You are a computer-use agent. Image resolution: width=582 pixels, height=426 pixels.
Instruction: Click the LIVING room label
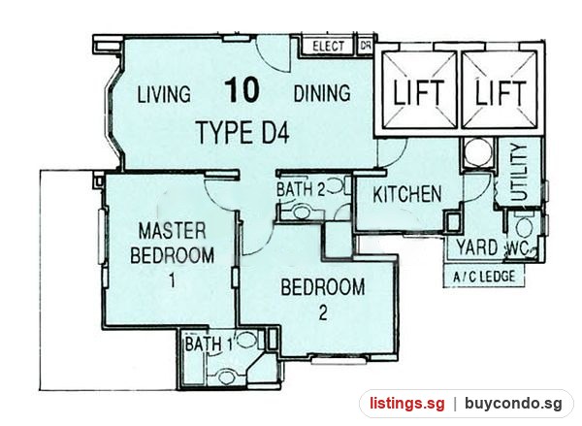click(x=164, y=94)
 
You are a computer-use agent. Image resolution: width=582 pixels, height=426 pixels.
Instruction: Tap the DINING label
click(x=322, y=93)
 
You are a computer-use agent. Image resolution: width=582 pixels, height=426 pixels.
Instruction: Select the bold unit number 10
click(x=242, y=89)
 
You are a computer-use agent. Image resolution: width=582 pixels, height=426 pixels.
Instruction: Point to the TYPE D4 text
click(x=243, y=133)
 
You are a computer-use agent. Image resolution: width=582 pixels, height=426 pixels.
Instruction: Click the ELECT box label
click(x=328, y=47)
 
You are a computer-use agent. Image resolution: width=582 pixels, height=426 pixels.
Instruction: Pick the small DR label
click(x=366, y=46)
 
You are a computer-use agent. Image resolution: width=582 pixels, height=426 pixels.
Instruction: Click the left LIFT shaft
click(x=418, y=89)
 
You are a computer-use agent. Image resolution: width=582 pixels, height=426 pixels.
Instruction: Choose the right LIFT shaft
click(x=500, y=89)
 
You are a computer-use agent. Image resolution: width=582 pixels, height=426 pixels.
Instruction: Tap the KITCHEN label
click(x=407, y=194)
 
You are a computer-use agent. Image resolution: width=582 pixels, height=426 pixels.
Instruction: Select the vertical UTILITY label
click(x=519, y=173)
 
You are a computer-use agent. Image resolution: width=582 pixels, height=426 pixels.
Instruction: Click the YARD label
click(x=477, y=247)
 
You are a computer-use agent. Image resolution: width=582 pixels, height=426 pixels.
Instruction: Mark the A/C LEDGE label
click(x=484, y=277)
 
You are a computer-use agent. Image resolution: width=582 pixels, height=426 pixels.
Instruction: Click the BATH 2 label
click(x=301, y=189)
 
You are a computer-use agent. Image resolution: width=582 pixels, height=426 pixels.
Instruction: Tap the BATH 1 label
click(x=209, y=344)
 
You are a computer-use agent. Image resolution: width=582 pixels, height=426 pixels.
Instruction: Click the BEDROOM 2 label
click(x=323, y=299)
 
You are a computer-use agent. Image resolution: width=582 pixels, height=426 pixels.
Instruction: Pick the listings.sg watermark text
click(x=406, y=404)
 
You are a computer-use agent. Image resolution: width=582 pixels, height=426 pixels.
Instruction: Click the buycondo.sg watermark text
click(x=513, y=403)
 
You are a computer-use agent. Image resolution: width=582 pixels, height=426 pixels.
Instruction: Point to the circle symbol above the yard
click(x=478, y=152)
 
